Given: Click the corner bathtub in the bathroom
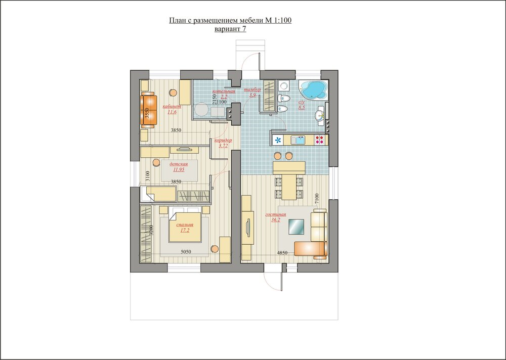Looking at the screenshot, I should (312, 89).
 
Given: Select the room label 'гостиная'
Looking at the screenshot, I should (275, 215).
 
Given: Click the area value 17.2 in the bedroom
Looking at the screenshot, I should (183, 230).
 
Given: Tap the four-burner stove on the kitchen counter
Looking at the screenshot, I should (320, 140).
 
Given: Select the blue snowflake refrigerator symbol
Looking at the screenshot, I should (278, 140).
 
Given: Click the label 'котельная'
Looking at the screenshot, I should (224, 91).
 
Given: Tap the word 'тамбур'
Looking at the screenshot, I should (252, 89).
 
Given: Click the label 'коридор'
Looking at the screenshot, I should (223, 140).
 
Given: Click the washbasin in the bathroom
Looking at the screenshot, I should (320, 115).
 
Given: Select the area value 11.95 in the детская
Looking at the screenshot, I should (178, 170).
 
